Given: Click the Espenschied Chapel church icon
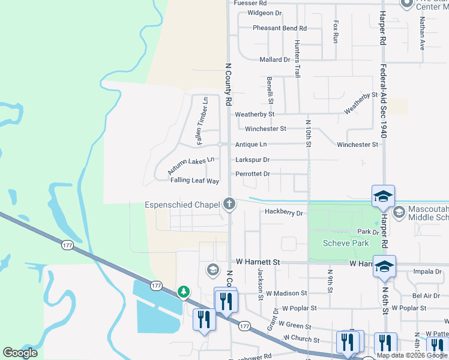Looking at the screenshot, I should (x=229, y=204).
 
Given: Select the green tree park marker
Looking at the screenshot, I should (x=183, y=292).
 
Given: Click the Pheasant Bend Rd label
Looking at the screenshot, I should (x=279, y=28).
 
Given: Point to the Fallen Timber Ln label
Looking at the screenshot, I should (x=201, y=121).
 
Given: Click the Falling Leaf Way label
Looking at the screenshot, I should (x=194, y=181).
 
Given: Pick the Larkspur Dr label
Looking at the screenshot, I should (x=253, y=160).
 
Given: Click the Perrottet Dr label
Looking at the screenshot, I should (x=253, y=174).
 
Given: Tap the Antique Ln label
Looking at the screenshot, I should (x=251, y=145).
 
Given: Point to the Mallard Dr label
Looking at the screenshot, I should (x=274, y=60).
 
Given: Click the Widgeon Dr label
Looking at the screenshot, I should (x=264, y=13).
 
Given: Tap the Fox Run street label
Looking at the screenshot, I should (x=336, y=31).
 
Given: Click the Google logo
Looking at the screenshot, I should (x=20, y=352).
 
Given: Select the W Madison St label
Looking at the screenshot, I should (x=287, y=293).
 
